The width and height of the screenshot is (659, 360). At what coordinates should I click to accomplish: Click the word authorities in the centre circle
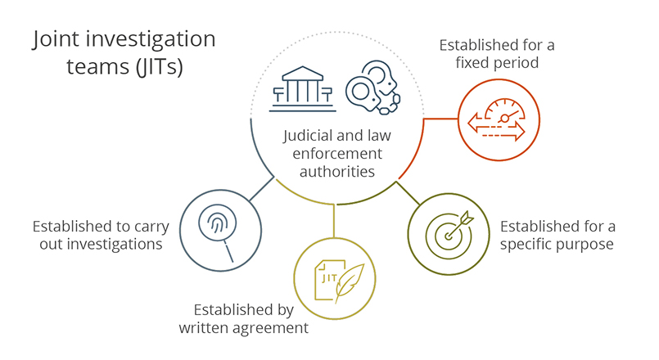[337, 171]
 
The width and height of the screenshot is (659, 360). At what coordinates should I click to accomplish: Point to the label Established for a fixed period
[496, 52]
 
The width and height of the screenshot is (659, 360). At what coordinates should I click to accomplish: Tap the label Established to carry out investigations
[97, 235]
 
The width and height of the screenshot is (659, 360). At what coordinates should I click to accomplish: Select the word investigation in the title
[150, 39]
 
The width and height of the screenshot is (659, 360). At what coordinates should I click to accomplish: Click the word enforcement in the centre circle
[337, 154]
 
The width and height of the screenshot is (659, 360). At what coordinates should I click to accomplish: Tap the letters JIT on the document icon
[328, 277]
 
